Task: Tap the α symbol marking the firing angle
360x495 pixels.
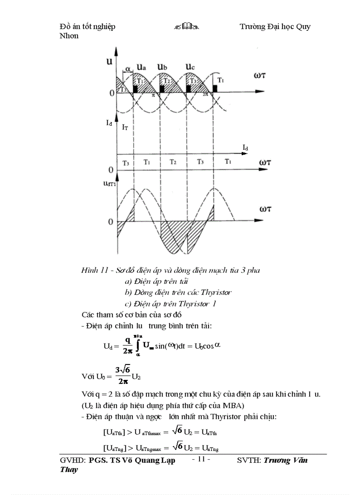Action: tap(128, 69)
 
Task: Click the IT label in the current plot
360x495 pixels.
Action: tap(125, 127)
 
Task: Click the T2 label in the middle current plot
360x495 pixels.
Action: tap(173, 162)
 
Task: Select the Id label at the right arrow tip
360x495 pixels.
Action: tap(245, 147)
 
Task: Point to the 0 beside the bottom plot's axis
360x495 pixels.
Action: tap(111, 222)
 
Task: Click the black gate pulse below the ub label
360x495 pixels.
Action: tap(162, 89)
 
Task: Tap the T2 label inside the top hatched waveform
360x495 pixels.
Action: tap(167, 81)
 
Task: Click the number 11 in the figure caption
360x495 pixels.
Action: tap(104, 270)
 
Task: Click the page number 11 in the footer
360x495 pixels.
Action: tap(202, 459)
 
